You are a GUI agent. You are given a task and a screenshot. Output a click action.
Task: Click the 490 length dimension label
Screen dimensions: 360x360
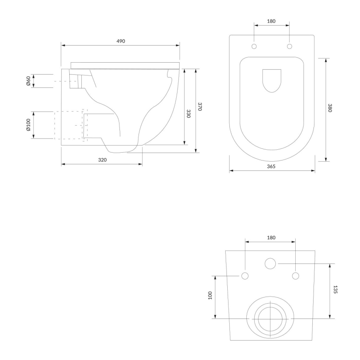coord(121,41)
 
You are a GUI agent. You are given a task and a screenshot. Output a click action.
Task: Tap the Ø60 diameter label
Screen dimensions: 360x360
coord(28,81)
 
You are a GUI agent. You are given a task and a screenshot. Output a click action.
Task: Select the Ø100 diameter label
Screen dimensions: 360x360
coord(28,125)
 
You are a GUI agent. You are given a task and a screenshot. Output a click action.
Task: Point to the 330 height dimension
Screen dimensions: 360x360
coord(189,114)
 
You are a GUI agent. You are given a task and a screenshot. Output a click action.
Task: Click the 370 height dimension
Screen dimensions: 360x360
coord(200,107)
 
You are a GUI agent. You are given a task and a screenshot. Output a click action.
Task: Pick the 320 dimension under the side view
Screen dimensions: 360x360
coord(102,160)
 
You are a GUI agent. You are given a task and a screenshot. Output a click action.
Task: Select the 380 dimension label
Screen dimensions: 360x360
coord(330,109)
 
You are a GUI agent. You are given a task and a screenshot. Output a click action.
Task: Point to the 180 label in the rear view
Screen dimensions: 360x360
coord(270,238)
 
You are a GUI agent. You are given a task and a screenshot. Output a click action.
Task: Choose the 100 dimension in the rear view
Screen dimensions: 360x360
coord(210,296)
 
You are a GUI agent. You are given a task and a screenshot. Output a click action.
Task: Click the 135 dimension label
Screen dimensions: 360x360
coord(335,289)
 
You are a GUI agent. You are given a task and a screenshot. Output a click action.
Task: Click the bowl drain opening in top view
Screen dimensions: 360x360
coord(272,80)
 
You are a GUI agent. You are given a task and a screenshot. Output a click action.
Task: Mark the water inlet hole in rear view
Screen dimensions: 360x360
coord(270,263)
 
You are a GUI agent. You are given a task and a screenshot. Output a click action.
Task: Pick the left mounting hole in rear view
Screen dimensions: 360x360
coord(245,276)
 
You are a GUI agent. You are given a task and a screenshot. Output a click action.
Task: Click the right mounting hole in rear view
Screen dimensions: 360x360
coord(295,276)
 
